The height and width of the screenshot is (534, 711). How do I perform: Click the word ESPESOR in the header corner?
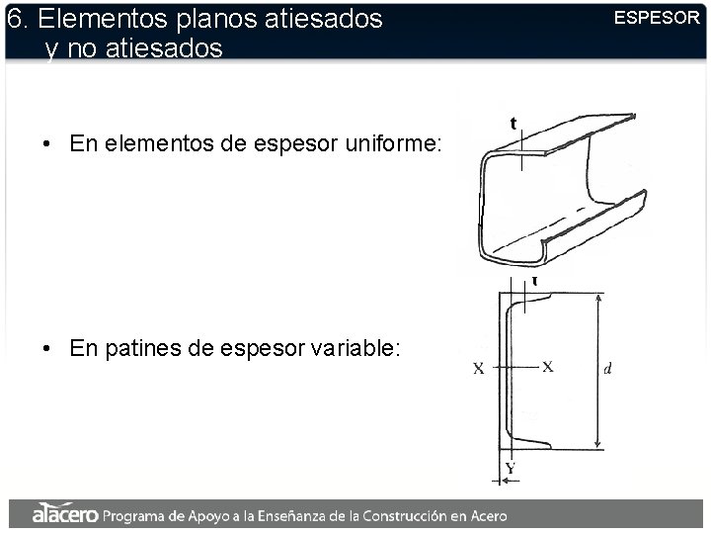[657, 18]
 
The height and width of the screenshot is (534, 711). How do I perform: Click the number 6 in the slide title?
[14, 19]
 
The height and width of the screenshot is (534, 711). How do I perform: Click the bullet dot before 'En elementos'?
[45, 144]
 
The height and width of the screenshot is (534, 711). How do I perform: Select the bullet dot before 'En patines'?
[45, 349]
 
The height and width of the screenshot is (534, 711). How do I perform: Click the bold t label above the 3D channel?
[513, 123]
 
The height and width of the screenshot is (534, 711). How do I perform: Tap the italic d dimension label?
[607, 368]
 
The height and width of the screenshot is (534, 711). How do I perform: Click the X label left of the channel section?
[479, 368]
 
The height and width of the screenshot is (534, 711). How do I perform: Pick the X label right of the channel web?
[548, 367]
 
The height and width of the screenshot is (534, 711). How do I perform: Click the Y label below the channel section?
[511, 468]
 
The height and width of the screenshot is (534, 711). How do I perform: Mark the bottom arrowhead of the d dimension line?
[598, 444]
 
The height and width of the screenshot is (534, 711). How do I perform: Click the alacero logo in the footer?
[65, 513]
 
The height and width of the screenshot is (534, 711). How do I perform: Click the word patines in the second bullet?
[144, 349]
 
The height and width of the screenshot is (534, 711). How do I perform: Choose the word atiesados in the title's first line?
[323, 19]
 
